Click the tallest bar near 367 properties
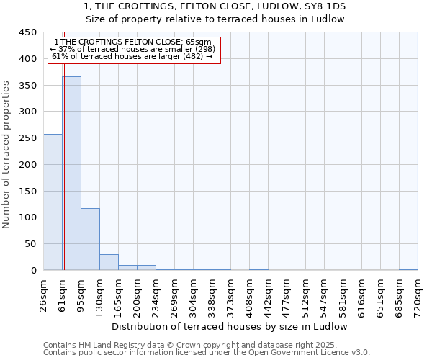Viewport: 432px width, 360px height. click(x=71, y=173)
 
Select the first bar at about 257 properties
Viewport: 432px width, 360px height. click(x=53, y=202)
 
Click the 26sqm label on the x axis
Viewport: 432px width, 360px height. click(x=44, y=294)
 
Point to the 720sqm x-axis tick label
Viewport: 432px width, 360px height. click(x=418, y=296)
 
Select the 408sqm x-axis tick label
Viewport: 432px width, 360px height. click(x=250, y=296)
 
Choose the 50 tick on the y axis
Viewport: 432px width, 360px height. click(x=30, y=244)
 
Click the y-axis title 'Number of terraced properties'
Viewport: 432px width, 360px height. click(x=7, y=155)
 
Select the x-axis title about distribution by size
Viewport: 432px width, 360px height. click(x=230, y=326)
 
